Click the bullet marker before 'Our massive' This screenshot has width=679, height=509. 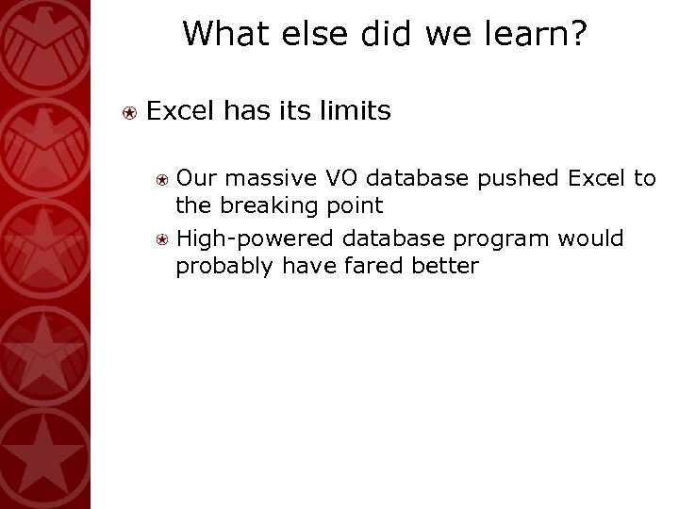(162, 176)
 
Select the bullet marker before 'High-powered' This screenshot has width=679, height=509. (162, 239)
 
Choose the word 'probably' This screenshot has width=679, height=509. (222, 268)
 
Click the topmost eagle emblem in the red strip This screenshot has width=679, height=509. (47, 28)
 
